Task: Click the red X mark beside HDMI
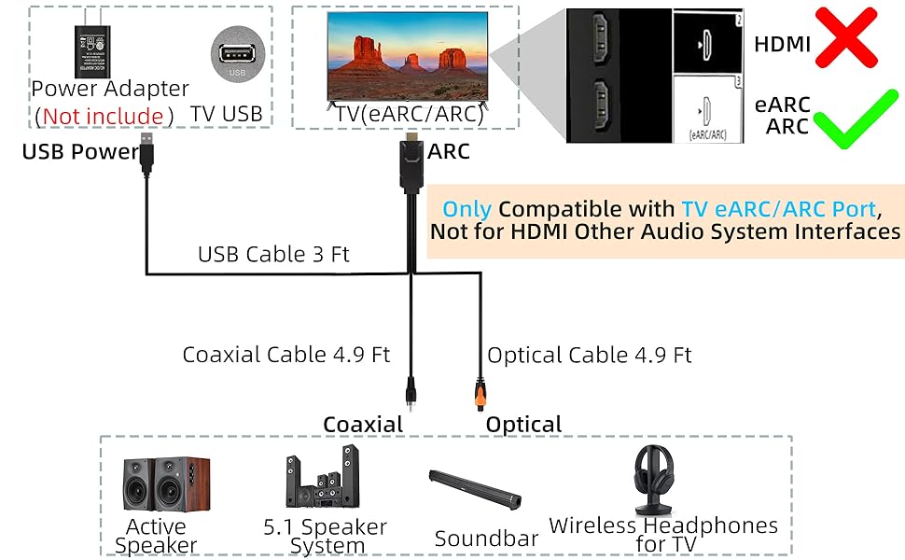coord(846,39)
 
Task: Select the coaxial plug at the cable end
coord(409,388)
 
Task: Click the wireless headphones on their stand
coord(661,480)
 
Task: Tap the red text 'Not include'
coord(103,117)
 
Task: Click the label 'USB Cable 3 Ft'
coord(273,254)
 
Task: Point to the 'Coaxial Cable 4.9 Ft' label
coord(285,355)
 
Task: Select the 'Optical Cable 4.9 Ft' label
coord(590,355)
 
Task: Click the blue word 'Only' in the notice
coord(466,209)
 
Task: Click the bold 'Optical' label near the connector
coord(523,425)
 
